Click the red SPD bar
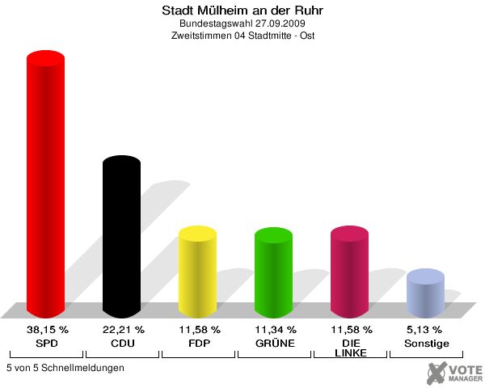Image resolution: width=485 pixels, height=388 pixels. click(45, 186)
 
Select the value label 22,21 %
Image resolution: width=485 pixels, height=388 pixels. click(122, 330)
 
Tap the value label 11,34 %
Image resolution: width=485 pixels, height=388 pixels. click(274, 330)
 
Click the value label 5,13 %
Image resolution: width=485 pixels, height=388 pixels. click(425, 330)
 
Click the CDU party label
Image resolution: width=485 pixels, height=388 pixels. click(122, 344)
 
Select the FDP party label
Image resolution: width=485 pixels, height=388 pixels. click(198, 344)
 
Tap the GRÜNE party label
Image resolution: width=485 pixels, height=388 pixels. click(274, 344)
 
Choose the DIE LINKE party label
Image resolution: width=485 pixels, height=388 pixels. click(350, 348)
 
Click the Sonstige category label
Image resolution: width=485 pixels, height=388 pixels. click(425, 344)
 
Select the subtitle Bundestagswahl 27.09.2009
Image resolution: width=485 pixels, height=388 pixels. click(242, 24)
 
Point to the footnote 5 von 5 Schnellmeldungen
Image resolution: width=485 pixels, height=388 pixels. click(65, 368)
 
